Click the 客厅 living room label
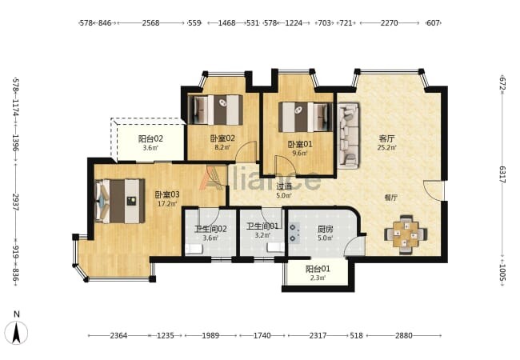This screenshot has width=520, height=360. [x=387, y=138]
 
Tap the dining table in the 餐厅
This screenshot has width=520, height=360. [x=406, y=234]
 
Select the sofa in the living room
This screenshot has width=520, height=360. [x=348, y=136]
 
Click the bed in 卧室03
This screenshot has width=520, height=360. [x=120, y=202]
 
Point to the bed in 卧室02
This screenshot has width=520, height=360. [x=215, y=110]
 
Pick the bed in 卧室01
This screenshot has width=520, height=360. [x=306, y=117]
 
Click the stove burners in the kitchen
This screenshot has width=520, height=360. [x=293, y=233]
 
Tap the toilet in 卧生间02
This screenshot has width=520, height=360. [x=194, y=249]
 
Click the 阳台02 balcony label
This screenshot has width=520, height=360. [x=150, y=138]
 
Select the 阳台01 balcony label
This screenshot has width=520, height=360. [x=318, y=269]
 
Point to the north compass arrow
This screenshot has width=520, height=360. [x=17, y=333]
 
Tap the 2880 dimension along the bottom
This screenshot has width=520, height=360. [x=403, y=335]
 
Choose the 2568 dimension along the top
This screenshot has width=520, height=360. [x=150, y=23]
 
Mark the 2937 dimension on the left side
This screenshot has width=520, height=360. [x=16, y=202]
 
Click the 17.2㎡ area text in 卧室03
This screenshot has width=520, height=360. [x=167, y=204]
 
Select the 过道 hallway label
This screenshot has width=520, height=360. [x=284, y=186]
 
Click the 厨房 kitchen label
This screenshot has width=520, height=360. [x=325, y=229]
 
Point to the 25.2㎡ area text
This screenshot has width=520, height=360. [x=386, y=147]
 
